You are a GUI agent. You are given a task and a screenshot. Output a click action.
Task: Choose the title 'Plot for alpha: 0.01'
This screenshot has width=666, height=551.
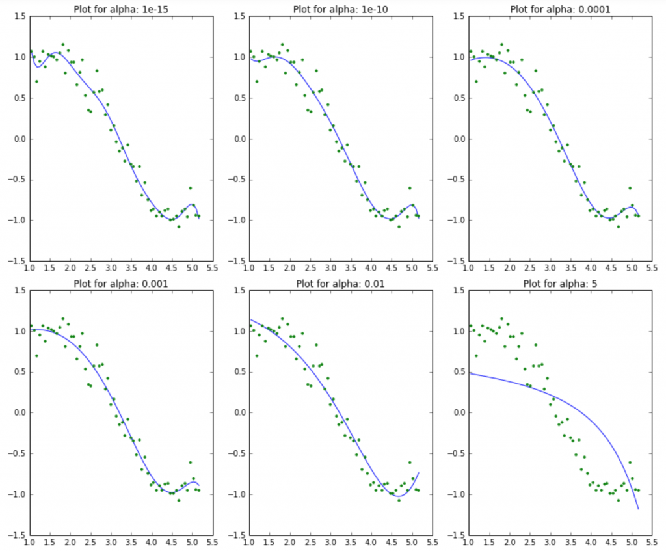pyautogui.click(x=331, y=283)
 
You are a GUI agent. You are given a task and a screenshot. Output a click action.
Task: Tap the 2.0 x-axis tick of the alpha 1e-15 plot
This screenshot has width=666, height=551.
pyautogui.click(x=70, y=267)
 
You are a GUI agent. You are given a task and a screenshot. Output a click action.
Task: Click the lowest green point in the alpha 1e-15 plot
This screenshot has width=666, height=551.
pyautogui.click(x=178, y=226)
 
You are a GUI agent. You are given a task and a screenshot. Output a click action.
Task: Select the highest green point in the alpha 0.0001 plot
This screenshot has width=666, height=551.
pyautogui.click(x=501, y=44)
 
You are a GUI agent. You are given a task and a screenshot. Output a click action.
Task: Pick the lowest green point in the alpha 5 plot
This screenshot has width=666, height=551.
pyautogui.click(x=618, y=500)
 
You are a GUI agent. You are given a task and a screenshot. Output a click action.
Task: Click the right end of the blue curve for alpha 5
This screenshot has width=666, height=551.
pyautogui.click(x=639, y=509)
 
